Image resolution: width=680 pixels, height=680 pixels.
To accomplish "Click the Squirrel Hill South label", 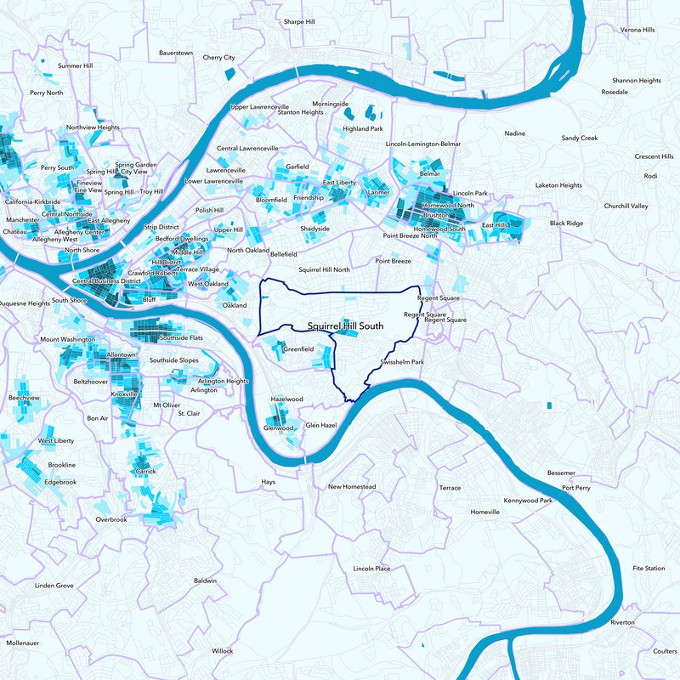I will pos(345,326).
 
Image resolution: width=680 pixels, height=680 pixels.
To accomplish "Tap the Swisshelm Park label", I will pos(403,362).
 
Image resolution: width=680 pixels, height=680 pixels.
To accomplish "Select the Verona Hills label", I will pos(637,30).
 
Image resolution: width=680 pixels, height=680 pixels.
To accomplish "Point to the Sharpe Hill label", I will pos(298,21).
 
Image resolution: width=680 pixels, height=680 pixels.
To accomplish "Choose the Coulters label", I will pos(665,651).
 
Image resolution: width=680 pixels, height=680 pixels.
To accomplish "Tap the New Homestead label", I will pos(352,487).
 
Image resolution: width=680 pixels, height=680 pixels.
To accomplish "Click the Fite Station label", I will pos(649,568).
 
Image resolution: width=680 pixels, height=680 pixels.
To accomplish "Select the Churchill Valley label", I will pos(626,206).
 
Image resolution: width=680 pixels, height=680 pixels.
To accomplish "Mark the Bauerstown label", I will pos(177,53).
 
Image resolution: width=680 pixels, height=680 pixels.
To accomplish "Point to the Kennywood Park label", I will pos(528,501).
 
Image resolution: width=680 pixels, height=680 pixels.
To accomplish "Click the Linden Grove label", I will pos(54,586).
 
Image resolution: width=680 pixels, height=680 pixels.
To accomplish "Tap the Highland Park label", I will pos(363,129).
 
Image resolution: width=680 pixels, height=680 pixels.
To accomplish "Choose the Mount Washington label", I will pos(67,339).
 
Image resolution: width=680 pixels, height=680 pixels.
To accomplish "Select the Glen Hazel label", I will pos(321,424).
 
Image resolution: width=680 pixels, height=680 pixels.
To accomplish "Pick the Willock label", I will pos(222,651).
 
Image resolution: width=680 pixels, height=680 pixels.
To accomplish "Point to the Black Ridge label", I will pos(567,223).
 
